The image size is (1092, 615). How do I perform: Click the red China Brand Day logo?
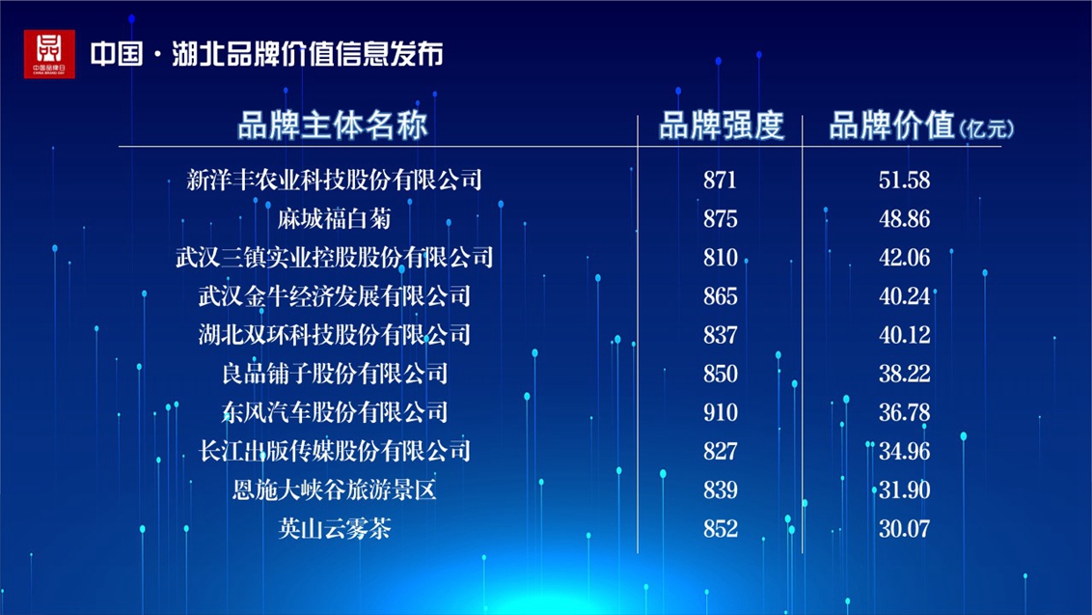click(x=49, y=54)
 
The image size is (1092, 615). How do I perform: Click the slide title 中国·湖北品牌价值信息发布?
click(x=267, y=54)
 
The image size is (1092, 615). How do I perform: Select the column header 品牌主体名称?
click(x=333, y=126)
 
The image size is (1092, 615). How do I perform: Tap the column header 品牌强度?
click(x=721, y=126)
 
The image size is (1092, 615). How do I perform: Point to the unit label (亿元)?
click(x=986, y=129)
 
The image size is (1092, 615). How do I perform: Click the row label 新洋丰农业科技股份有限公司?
click(x=335, y=180)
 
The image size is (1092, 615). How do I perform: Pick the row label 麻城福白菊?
click(x=335, y=219)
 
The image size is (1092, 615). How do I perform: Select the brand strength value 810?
click(x=720, y=258)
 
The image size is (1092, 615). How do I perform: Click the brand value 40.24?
click(x=904, y=296)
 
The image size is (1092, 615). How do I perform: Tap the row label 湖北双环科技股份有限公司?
click(x=335, y=335)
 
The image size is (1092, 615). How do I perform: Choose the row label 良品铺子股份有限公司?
click(x=335, y=374)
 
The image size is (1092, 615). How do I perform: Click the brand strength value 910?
click(x=720, y=413)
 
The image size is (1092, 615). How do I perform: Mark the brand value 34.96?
click(x=904, y=452)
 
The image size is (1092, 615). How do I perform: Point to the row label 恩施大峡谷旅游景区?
click(x=335, y=490)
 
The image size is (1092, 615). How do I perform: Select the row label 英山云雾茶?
click(x=335, y=528)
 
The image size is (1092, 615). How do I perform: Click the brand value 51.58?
click(x=904, y=181)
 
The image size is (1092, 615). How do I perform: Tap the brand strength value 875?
click(x=720, y=220)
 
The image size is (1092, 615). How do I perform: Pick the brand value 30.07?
click(x=904, y=529)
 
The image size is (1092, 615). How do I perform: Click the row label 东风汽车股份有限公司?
click(x=335, y=413)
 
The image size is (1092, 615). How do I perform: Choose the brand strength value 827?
click(x=720, y=452)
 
